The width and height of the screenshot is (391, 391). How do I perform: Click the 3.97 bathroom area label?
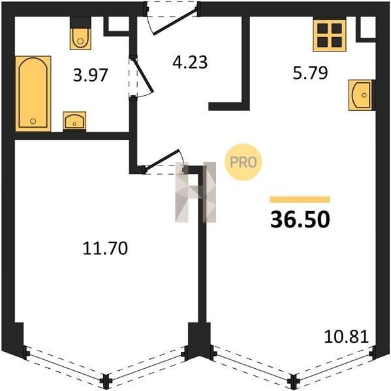(91, 75)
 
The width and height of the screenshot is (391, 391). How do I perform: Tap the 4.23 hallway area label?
(190, 62)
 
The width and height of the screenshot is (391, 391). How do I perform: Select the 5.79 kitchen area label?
(310, 73)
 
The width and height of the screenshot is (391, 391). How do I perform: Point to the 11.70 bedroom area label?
(105, 248)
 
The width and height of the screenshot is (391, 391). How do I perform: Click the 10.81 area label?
(346, 336)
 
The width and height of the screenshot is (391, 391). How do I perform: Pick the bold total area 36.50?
(300, 220)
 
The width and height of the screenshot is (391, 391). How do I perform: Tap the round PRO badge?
(243, 162)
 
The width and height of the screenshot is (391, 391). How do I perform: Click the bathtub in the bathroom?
(33, 93)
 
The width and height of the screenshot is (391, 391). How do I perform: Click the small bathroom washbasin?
(74, 121)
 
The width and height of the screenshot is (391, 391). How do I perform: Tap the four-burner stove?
(330, 35)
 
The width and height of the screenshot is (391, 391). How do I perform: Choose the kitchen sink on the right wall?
(361, 95)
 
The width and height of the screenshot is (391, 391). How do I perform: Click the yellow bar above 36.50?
(300, 199)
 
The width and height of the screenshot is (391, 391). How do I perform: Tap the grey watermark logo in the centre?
(195, 192)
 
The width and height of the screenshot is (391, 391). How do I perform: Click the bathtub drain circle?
(33, 121)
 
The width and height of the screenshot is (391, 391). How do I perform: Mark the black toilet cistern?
(80, 22)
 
